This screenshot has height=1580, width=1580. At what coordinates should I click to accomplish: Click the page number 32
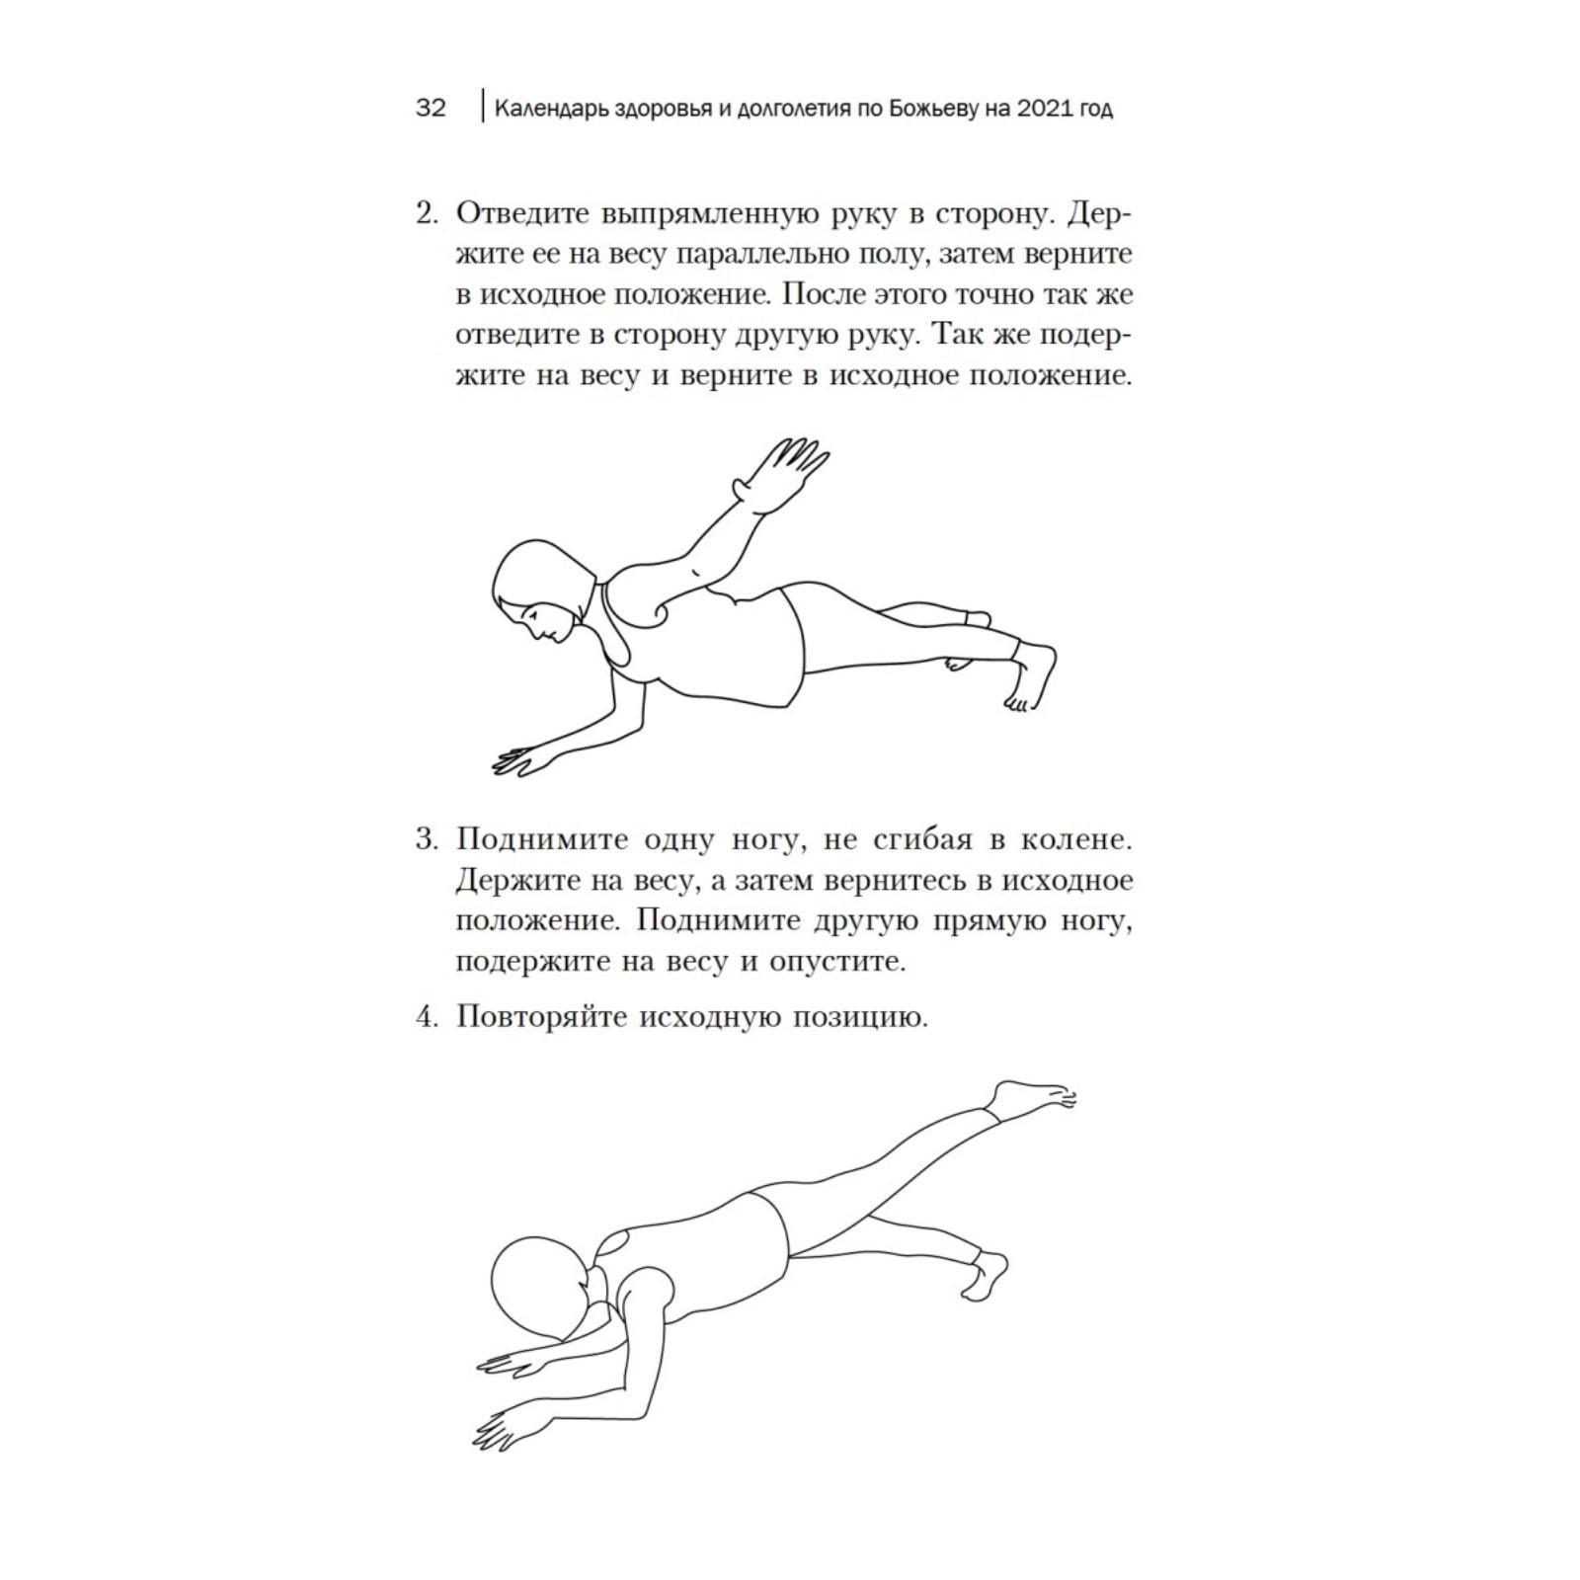coord(431,108)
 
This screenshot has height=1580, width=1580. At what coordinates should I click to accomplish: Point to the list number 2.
coord(426,213)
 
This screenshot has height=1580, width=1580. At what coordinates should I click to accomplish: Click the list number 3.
coord(426,839)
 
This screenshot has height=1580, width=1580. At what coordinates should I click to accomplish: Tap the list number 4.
coord(426,1016)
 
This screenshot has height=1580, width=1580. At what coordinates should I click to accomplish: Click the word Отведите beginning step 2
coord(523,213)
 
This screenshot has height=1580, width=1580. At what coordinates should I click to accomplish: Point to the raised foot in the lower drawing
coord(1032,1097)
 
